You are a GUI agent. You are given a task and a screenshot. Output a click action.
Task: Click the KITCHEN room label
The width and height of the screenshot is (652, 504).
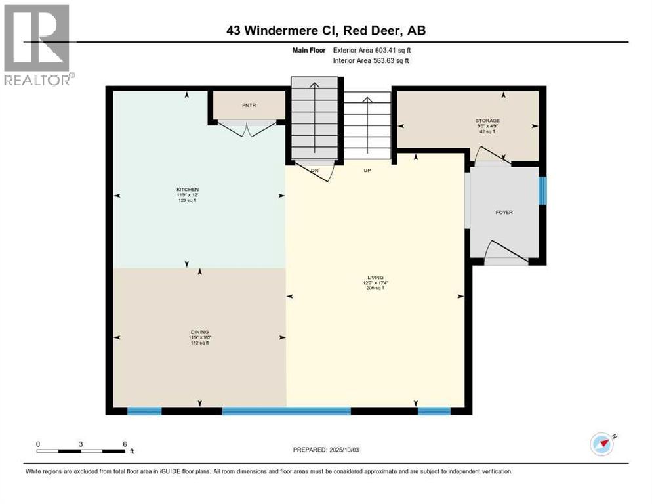187,189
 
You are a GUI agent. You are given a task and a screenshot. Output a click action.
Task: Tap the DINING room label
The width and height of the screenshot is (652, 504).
199,332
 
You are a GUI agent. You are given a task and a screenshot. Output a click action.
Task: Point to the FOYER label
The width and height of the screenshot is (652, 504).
504,212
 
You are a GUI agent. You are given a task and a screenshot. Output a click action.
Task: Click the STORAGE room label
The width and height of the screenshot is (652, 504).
487,121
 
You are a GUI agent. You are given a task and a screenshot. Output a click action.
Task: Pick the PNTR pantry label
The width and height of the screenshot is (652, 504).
248,105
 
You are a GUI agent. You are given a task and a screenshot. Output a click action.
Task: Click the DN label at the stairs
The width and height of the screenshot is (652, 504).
315,169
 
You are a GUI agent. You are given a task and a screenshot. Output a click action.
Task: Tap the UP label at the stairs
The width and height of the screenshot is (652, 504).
367,170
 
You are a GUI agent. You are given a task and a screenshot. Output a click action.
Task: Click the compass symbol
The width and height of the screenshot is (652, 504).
601,444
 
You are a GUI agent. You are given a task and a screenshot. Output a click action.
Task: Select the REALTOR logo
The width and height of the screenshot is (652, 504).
38,45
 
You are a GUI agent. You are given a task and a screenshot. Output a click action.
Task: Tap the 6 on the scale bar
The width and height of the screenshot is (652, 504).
125,444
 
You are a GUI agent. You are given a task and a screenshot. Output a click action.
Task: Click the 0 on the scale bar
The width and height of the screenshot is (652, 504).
38,444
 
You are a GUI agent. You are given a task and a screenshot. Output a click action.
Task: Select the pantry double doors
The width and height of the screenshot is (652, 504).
247,129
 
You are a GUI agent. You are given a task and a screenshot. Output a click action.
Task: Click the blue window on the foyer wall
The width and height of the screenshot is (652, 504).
542,190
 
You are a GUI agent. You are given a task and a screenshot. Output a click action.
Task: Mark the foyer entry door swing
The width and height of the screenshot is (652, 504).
506,253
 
